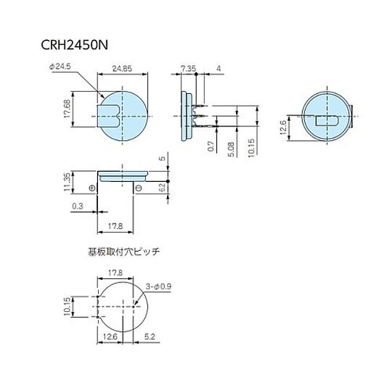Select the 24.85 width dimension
(x=122, y=69)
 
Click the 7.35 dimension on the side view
(x=188, y=69)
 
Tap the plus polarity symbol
(x=93, y=188)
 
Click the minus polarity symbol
(x=137, y=188)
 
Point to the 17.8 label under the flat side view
(x=116, y=227)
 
